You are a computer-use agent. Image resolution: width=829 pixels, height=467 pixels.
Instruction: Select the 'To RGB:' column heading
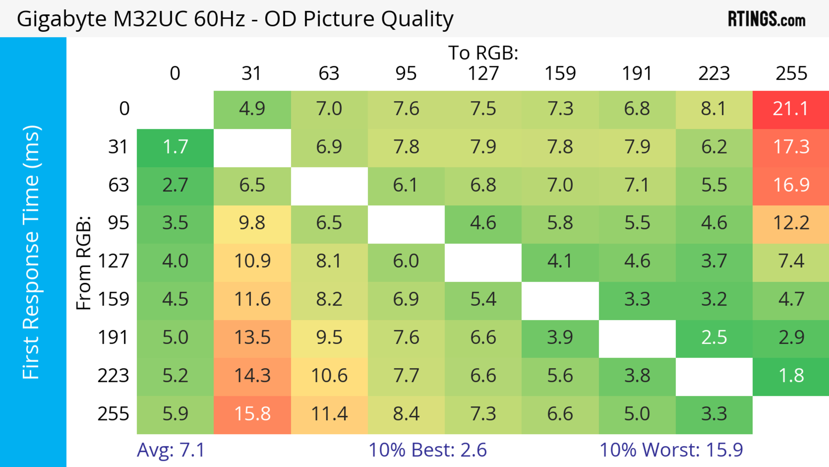coord(483,53)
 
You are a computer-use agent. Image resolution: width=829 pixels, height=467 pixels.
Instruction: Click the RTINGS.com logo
coord(767,19)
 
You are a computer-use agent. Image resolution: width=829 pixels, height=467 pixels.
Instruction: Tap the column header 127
coord(483,73)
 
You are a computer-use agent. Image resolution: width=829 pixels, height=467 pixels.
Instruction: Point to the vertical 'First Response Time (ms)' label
coord(31,252)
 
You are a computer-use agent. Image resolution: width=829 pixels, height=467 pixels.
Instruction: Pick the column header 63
coord(329,73)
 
